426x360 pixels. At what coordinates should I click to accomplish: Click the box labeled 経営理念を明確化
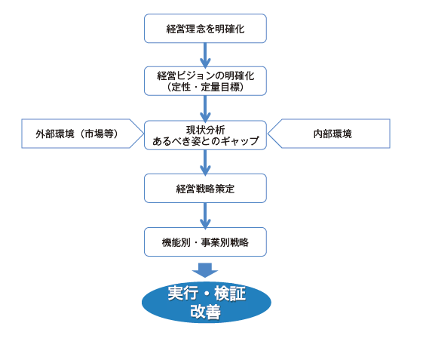(x=205, y=29)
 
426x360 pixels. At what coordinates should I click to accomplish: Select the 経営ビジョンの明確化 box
(x=205, y=81)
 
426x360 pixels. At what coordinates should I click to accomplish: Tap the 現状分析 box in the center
(x=205, y=135)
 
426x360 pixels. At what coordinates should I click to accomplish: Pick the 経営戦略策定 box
(x=205, y=188)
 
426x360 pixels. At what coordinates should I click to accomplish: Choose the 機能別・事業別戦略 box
(x=205, y=242)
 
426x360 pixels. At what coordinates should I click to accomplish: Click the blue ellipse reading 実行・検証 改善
(x=207, y=302)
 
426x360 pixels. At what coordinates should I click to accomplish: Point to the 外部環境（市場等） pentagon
(x=81, y=134)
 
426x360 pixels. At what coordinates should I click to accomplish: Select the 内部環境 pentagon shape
(x=329, y=134)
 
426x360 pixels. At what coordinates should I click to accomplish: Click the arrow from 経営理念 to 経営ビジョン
(x=205, y=55)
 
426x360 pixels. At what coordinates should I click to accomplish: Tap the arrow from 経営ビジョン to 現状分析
(x=205, y=109)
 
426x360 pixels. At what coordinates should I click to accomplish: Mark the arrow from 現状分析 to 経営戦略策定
(x=205, y=162)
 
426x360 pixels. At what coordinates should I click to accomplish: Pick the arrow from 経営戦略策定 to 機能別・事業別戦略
(x=205, y=216)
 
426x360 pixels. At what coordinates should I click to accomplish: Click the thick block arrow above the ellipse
(x=205, y=270)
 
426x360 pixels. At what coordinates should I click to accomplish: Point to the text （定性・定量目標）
(x=205, y=87)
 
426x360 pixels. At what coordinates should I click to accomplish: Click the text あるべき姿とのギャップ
(x=206, y=141)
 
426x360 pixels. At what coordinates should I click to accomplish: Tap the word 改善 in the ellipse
(x=205, y=312)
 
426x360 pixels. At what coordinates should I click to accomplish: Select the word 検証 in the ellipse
(x=230, y=294)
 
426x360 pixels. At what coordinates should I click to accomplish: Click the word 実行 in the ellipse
(x=183, y=294)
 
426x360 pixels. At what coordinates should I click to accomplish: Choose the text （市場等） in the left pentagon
(x=99, y=134)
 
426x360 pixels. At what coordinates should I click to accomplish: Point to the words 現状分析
(x=205, y=130)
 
